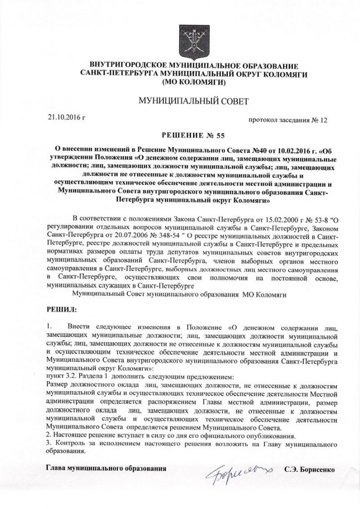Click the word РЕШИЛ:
coord(61,310)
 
